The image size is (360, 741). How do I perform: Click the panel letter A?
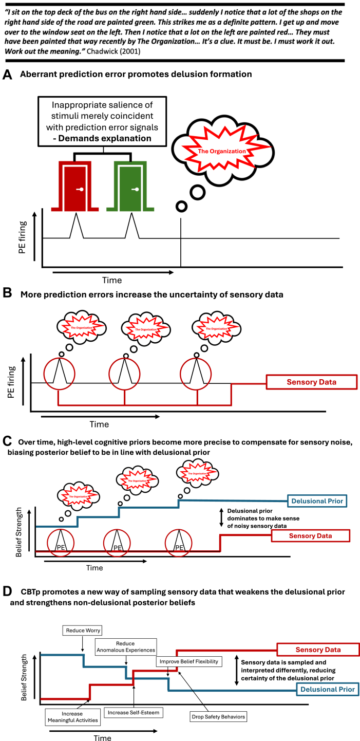point(8,75)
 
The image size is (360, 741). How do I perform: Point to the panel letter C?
point(7,441)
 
